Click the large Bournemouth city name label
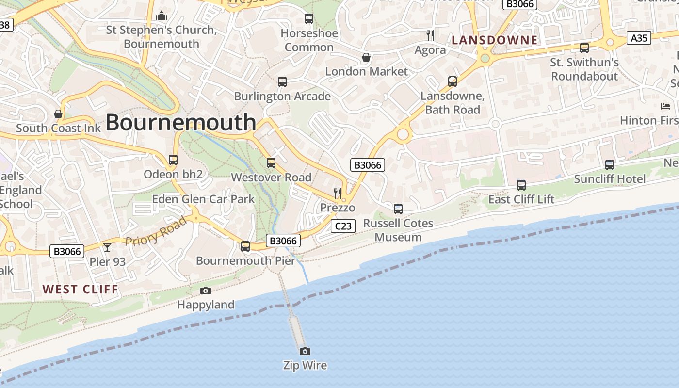180,122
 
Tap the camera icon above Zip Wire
305,351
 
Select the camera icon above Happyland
206,291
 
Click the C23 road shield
343,226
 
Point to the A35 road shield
639,38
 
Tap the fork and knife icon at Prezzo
338,194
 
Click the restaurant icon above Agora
430,35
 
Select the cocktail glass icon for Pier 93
107,247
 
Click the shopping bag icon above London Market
366,57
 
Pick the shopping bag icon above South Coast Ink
58,114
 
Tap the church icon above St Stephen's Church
162,16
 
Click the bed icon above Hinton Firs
665,106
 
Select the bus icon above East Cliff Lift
521,185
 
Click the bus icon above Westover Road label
271,163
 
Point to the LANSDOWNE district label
494,40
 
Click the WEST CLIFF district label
80,290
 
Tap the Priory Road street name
156,231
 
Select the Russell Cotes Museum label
398,230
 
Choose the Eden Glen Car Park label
203,199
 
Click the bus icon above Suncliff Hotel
610,165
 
